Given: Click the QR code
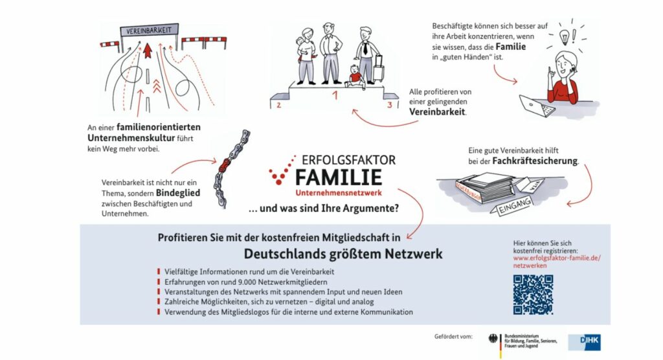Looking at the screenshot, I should click(533, 295).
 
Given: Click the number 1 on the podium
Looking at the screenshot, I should click(335, 96).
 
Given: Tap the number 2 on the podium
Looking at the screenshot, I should click(278, 104).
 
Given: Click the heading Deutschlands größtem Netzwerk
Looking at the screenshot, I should click(343, 253).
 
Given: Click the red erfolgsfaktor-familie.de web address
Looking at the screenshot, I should click(556, 258).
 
